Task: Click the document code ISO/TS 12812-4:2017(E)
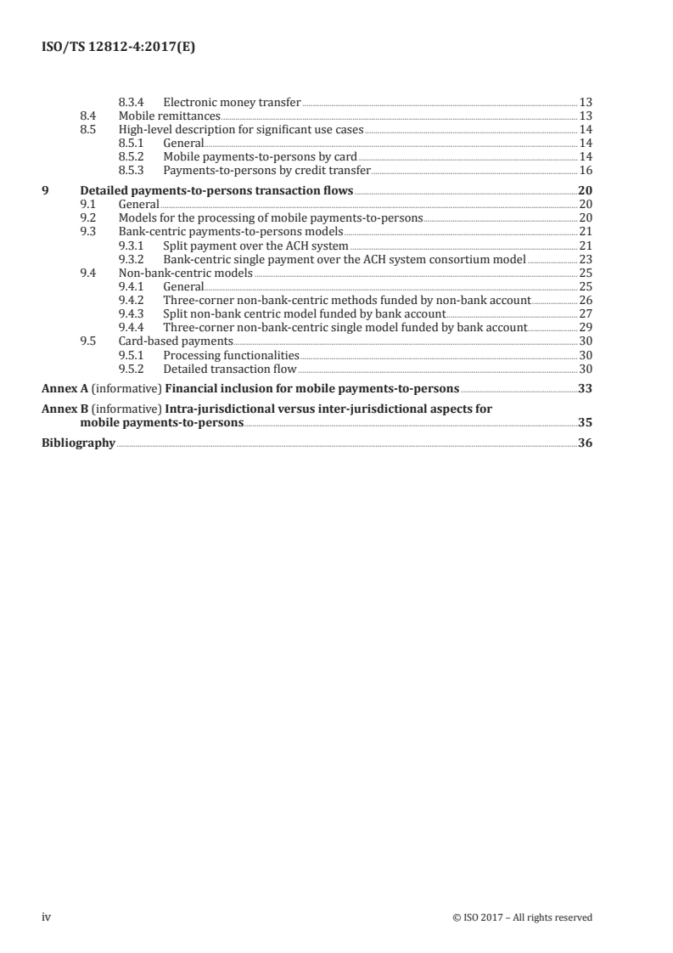click(x=114, y=48)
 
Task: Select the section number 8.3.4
click(x=132, y=102)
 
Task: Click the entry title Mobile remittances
click(x=170, y=116)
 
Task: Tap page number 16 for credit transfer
click(x=585, y=170)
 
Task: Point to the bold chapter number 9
click(x=45, y=190)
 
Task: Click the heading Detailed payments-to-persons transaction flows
click(x=216, y=190)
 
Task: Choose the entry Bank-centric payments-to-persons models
click(x=231, y=231)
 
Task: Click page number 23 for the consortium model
click(x=585, y=258)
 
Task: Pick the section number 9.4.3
click(x=132, y=313)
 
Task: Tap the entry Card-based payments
click(x=164, y=341)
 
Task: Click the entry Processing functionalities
click(x=231, y=354)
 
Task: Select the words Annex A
click(x=64, y=389)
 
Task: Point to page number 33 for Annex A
click(x=585, y=389)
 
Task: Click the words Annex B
click(x=64, y=409)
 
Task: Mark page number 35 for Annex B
click(x=585, y=422)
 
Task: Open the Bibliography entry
click(x=78, y=443)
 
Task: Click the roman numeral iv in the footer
click(x=47, y=916)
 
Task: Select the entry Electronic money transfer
click(x=232, y=102)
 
